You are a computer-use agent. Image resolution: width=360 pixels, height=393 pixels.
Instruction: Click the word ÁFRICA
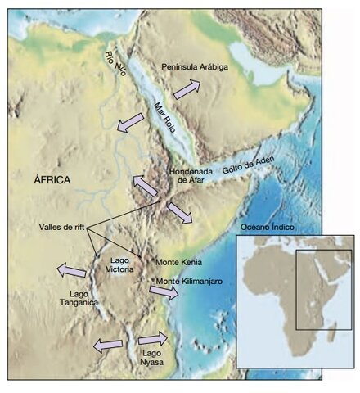click(x=51, y=178)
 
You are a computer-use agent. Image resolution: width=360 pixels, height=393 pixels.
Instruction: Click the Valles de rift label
click(x=61, y=227)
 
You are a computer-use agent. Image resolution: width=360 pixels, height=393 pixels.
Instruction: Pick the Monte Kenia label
click(x=178, y=262)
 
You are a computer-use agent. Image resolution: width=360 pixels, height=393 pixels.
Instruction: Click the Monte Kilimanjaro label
click(x=189, y=282)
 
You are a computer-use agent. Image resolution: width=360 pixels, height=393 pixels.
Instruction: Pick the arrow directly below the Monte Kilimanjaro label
click(x=164, y=293)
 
